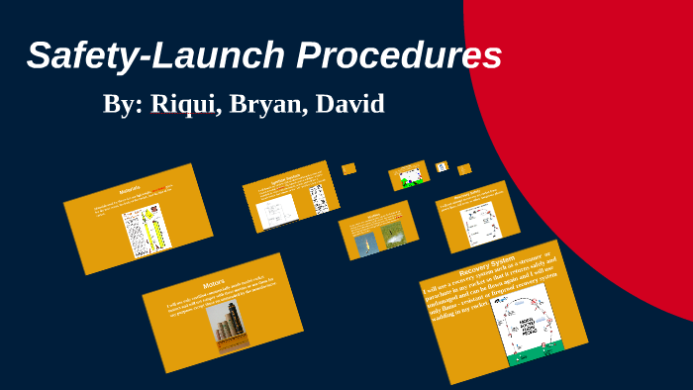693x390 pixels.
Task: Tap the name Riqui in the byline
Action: pos(183,104)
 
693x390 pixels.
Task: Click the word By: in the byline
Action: pos(123,104)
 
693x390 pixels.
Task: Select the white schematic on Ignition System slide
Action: pos(273,210)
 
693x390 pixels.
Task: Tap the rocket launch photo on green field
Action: pos(392,234)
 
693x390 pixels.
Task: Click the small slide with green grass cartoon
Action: pos(409,175)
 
